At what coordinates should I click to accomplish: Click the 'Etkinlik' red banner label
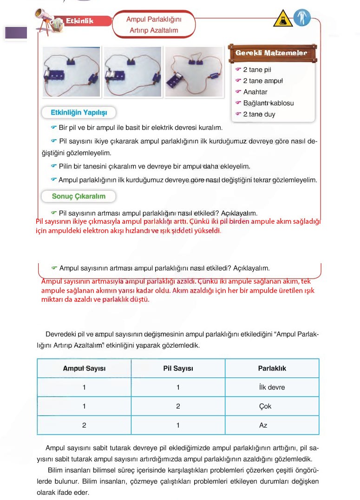79,21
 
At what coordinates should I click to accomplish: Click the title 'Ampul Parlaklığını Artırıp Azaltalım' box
154,25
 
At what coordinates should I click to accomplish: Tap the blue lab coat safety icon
302,19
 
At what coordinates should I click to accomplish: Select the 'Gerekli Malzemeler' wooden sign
271,53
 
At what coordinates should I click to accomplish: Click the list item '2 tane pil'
257,70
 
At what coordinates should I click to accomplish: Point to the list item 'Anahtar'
255,92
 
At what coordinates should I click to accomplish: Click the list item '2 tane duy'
259,114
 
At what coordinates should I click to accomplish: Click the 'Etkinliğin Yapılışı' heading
79,113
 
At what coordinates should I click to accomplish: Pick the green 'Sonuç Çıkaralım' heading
79,196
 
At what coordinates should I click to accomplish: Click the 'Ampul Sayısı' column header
84,369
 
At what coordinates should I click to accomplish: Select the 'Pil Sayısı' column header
178,369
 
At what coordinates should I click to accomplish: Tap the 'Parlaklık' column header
272,369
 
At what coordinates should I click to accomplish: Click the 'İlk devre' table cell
272,387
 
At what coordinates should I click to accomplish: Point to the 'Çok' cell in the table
265,406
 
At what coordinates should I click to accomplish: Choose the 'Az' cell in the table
263,425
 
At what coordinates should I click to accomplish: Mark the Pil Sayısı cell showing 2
178,406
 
